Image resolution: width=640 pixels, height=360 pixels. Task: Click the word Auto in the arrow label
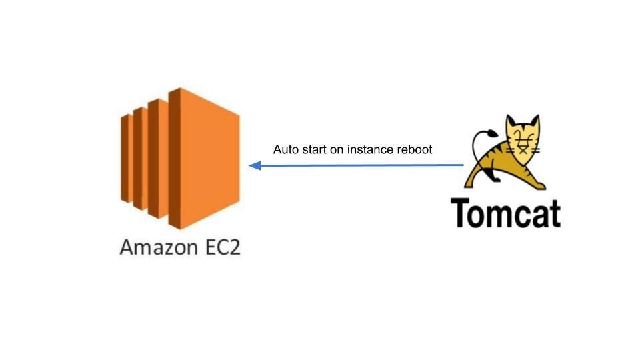(x=285, y=150)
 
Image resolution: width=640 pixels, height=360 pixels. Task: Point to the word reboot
(x=415, y=150)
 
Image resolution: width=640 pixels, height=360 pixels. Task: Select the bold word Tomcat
(x=505, y=212)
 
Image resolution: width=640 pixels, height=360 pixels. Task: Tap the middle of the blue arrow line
(x=357, y=165)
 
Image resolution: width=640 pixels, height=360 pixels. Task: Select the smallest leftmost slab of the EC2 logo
(x=124, y=157)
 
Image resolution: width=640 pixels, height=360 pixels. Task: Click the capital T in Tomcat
(x=461, y=212)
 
